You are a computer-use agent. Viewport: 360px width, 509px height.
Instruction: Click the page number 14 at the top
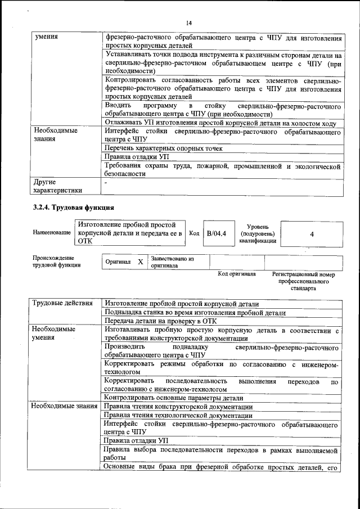pyautogui.click(x=189, y=22)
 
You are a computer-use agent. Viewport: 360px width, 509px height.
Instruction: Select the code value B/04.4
pyautogui.click(x=216, y=233)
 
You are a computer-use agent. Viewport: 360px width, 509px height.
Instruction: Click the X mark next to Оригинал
pyautogui.click(x=140, y=262)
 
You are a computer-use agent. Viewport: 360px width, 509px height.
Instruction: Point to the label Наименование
pyautogui.click(x=52, y=233)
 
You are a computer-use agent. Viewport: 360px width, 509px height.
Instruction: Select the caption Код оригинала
pyautogui.click(x=237, y=274)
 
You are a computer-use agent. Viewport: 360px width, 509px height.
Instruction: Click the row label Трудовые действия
pyautogui.click(x=62, y=303)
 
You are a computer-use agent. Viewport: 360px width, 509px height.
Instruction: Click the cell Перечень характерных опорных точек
pyautogui.click(x=163, y=148)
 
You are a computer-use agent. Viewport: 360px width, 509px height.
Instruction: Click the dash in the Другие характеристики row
pyautogui.click(x=106, y=183)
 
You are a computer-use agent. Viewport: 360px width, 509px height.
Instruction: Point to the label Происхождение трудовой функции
pyautogui.click(x=57, y=262)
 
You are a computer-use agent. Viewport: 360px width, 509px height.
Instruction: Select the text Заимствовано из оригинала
pyautogui.click(x=172, y=262)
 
